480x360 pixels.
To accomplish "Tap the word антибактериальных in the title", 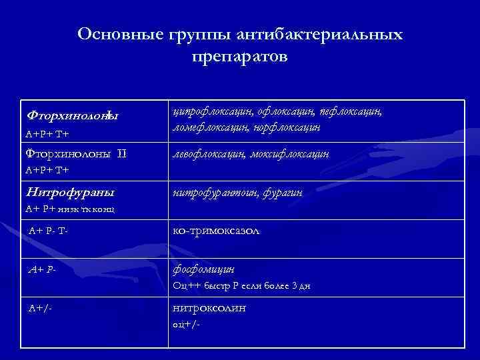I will [311, 34].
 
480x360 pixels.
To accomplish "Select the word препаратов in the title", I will [240, 57].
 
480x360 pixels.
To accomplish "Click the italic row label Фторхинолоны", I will [72, 116].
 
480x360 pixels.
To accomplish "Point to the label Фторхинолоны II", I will [75, 155].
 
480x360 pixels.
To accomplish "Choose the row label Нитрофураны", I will [70, 193].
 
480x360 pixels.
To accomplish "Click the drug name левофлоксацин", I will [209, 155].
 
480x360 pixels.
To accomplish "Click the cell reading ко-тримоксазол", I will [217, 231].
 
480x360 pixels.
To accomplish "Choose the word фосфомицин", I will [203, 269].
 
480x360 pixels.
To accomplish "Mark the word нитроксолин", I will [209, 308].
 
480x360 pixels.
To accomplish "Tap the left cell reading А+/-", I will [41, 308].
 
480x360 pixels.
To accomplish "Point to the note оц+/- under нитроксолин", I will [186, 324].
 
